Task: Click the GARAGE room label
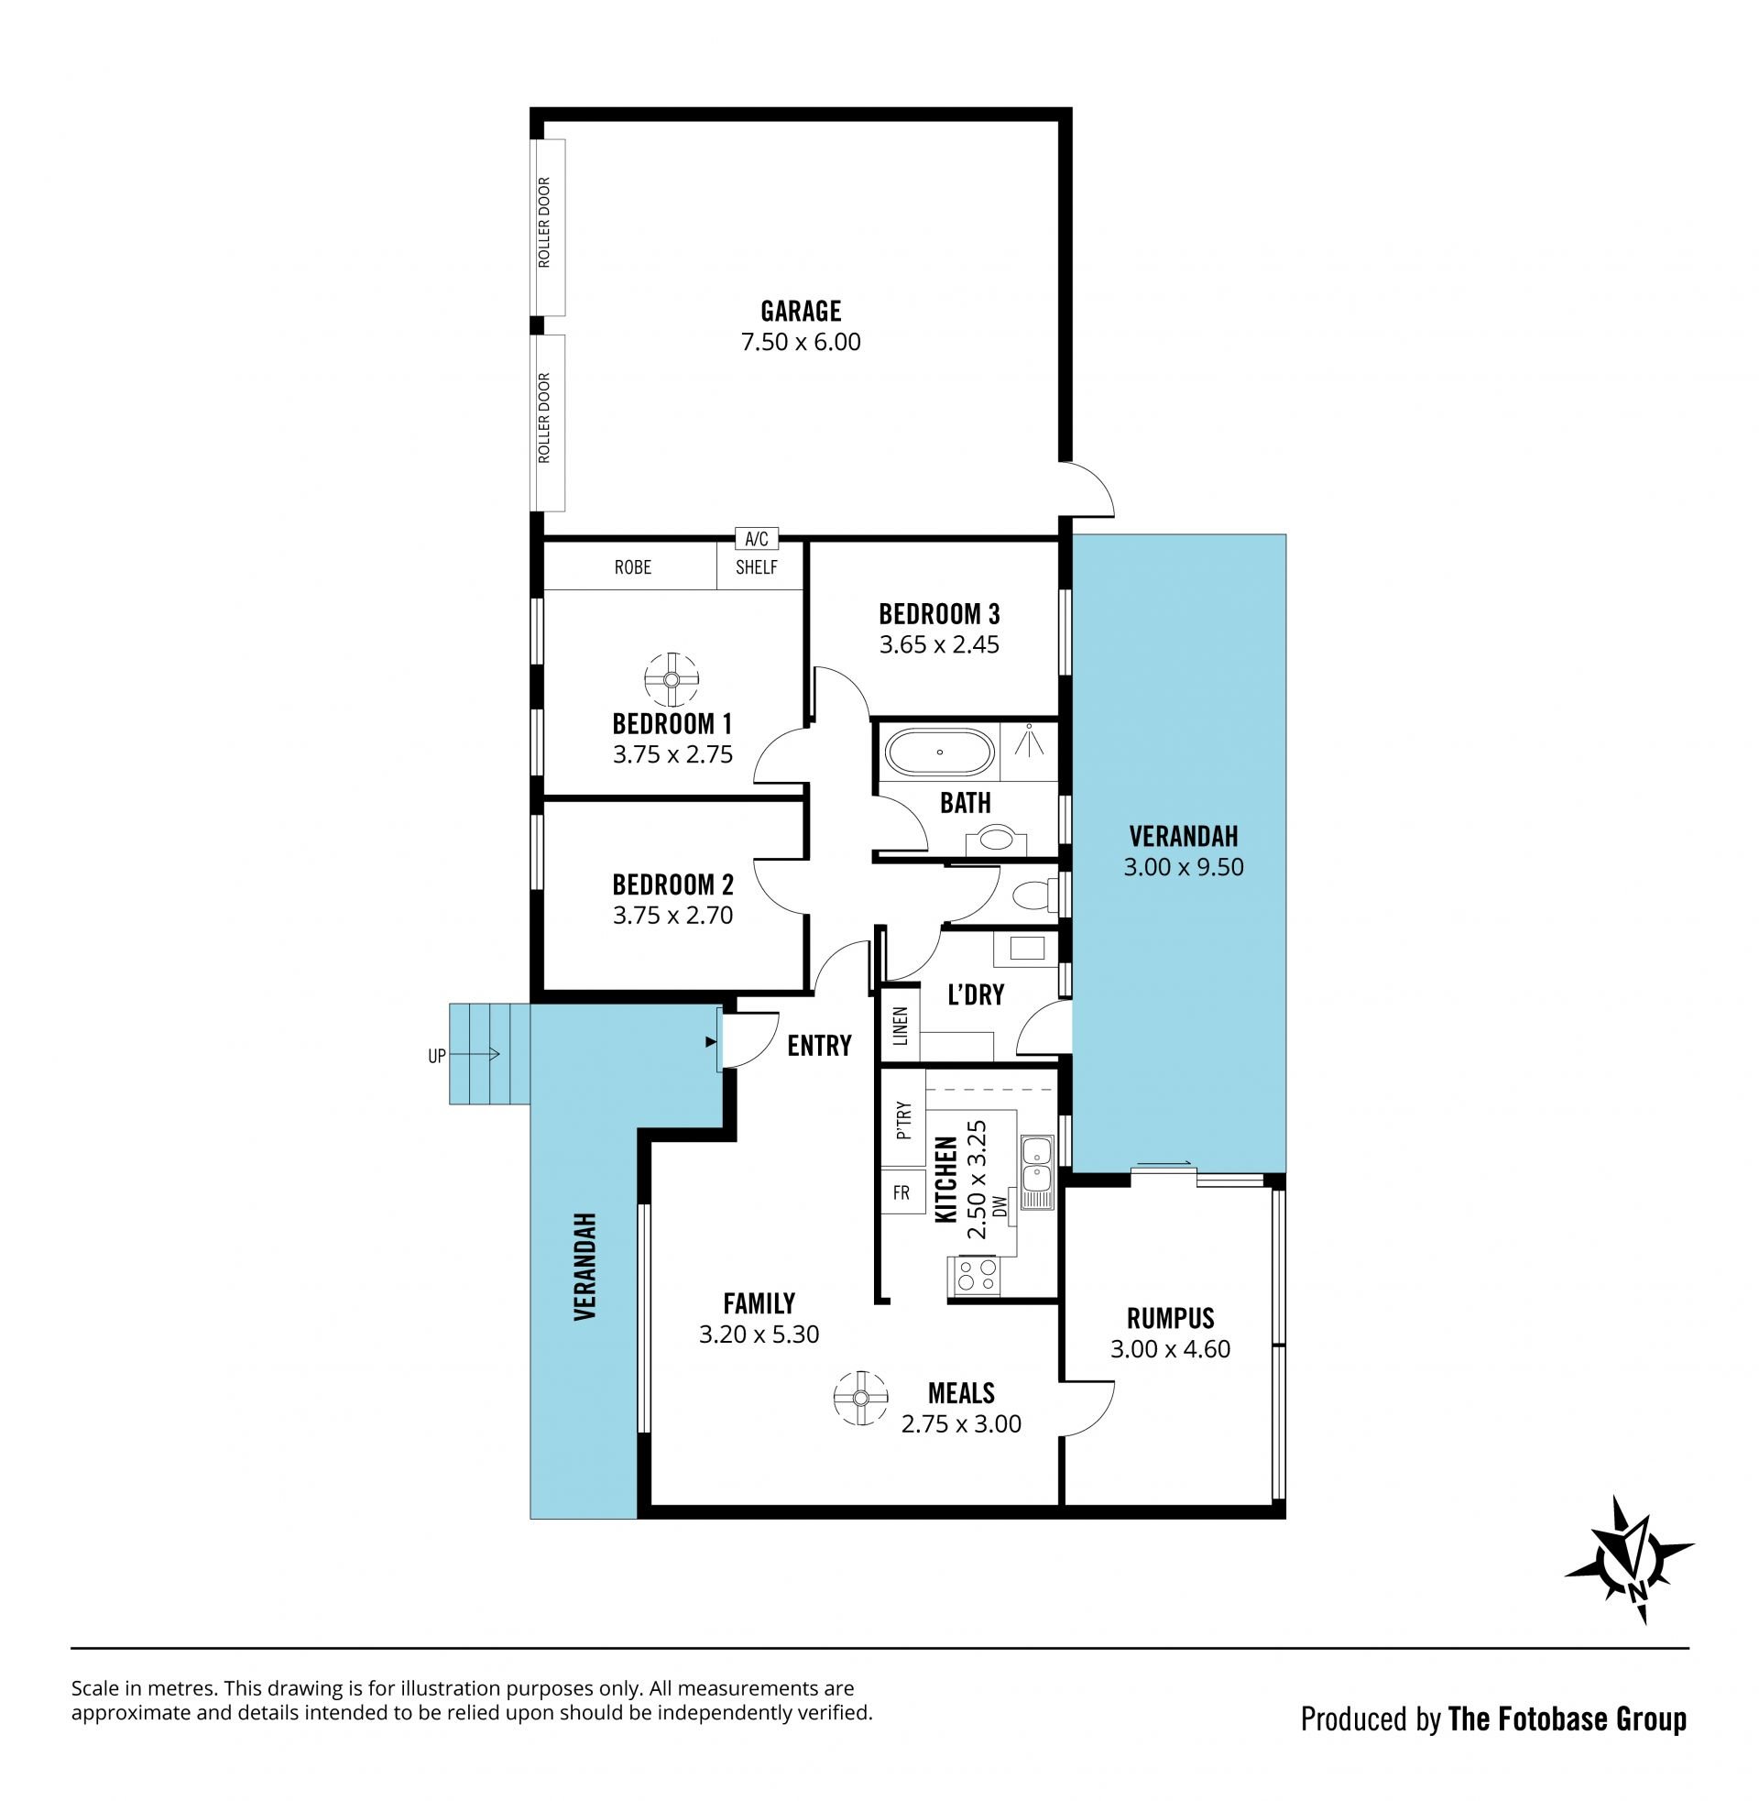click(x=801, y=311)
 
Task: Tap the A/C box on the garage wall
click(x=757, y=538)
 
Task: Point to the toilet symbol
click(x=1033, y=895)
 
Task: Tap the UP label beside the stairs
click(x=437, y=1055)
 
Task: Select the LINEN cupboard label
click(x=901, y=1025)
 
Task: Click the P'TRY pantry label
click(x=903, y=1120)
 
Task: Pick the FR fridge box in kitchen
click(x=901, y=1193)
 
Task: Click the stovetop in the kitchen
click(x=975, y=1275)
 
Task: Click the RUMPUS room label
click(x=1171, y=1318)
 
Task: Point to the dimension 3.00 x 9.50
click(x=1184, y=867)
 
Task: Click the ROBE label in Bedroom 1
click(x=633, y=567)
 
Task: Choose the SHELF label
click(x=757, y=567)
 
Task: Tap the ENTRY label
click(x=819, y=1045)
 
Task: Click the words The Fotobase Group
click(x=1568, y=1719)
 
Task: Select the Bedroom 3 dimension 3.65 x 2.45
click(x=940, y=644)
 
